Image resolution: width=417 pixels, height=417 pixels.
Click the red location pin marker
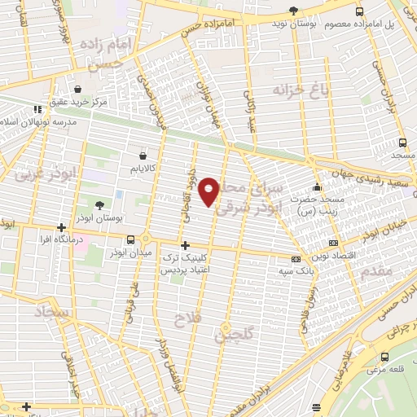pyautogui.click(x=210, y=191)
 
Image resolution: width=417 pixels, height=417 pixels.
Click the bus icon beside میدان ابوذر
pyautogui.click(x=131, y=239)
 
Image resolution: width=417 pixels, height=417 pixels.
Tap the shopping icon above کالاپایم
pyautogui.click(x=143, y=155)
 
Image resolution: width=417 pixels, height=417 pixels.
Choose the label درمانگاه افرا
pyautogui.click(x=61, y=240)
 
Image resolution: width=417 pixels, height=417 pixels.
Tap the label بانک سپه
pyautogui.click(x=295, y=274)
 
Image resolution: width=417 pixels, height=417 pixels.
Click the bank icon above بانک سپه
pyautogui.click(x=294, y=261)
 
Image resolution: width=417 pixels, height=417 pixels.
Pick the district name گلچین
pyautogui.click(x=235, y=333)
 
